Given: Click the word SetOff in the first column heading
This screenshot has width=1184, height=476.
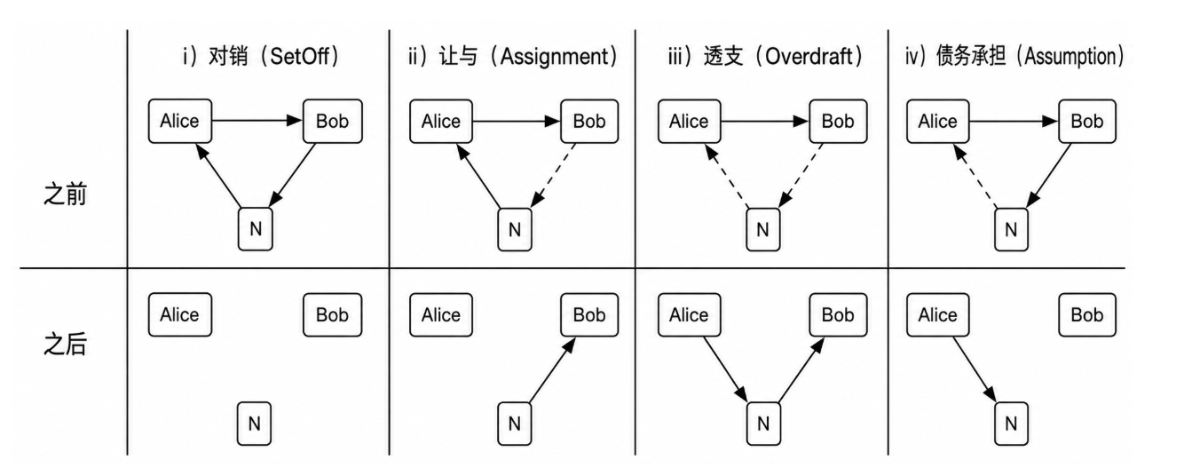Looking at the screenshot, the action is point(300,57).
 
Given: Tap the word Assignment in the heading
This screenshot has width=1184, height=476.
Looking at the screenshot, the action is point(555,57).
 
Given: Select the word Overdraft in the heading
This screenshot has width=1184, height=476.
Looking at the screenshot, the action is point(809,57).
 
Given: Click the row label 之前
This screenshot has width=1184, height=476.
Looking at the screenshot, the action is point(65,194).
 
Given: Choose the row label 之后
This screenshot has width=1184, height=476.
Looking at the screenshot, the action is point(65,345).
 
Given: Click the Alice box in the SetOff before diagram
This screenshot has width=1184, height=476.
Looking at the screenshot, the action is point(180,121).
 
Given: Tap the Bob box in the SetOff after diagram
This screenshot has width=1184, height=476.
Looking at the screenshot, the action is point(333,314).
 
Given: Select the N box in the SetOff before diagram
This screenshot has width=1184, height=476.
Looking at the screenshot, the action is point(256,229).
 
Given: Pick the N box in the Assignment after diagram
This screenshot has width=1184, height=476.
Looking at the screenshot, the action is point(514,423).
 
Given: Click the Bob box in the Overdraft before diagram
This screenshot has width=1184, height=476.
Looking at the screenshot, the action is point(838,121).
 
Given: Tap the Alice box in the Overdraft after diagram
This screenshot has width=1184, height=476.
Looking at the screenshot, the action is point(690,314).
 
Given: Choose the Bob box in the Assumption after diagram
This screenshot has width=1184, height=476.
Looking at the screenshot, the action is point(1087,314).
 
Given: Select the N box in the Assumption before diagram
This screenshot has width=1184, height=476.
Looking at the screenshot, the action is point(1011,229).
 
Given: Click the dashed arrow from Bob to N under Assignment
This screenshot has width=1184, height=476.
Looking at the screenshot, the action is point(553,175).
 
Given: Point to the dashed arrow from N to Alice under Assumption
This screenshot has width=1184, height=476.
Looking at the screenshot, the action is point(975,176).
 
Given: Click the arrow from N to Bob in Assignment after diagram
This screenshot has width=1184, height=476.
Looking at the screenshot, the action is point(552,369).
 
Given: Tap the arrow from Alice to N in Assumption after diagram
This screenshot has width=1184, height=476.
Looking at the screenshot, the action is point(975,369).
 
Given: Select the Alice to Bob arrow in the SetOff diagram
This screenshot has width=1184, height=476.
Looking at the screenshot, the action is point(257,121).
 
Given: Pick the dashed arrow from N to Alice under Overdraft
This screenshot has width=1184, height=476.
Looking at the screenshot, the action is point(727,176).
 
